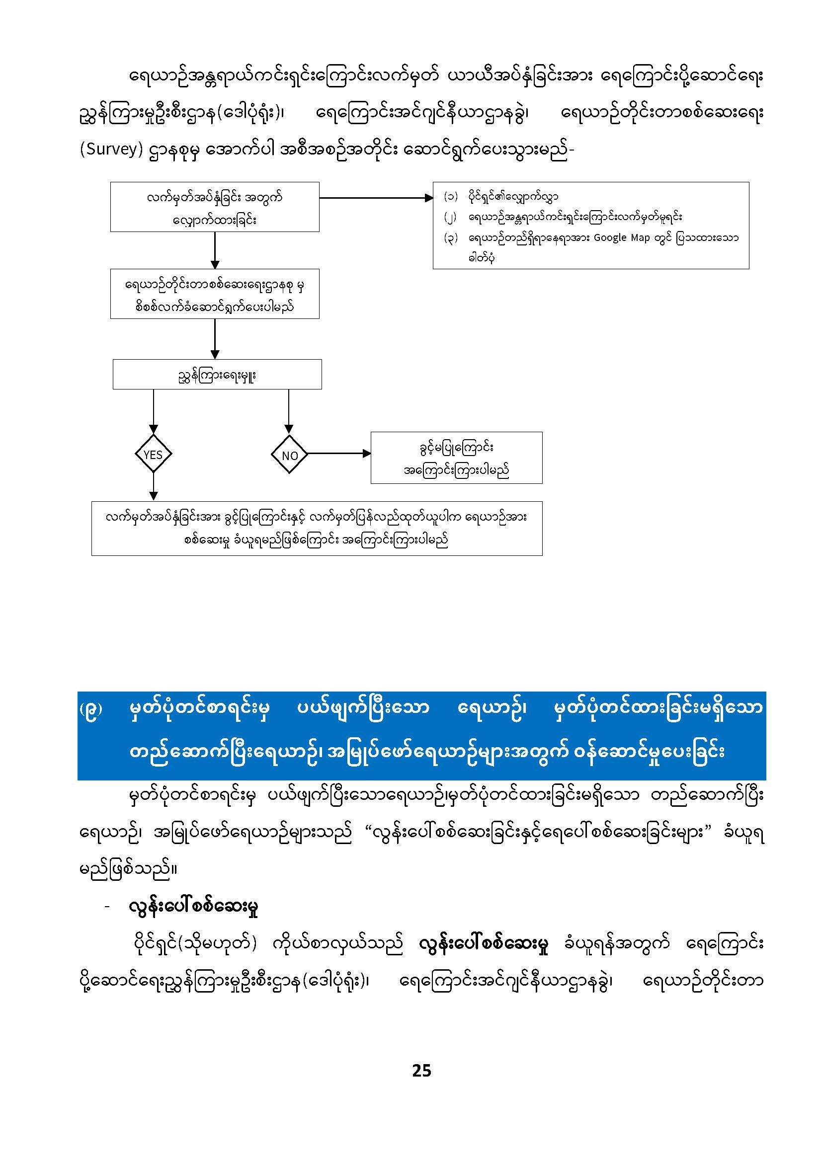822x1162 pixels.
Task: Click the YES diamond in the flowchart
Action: point(153,454)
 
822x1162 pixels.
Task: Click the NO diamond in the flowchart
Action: point(289,455)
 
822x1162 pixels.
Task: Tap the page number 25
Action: point(421,1071)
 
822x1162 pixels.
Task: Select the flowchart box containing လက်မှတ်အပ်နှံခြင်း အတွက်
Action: point(215,207)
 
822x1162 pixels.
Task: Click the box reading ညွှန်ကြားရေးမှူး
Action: point(217,375)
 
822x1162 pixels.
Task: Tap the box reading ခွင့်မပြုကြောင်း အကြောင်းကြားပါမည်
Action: point(456,458)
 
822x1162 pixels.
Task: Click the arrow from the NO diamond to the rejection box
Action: point(338,454)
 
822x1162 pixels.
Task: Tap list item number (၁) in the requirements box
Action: point(450,196)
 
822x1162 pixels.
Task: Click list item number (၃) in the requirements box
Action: point(450,237)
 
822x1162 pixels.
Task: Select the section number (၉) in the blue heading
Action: point(91,709)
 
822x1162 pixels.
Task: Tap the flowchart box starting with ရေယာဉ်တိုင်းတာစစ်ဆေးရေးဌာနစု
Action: point(215,294)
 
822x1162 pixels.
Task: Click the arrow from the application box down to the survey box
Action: point(215,250)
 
